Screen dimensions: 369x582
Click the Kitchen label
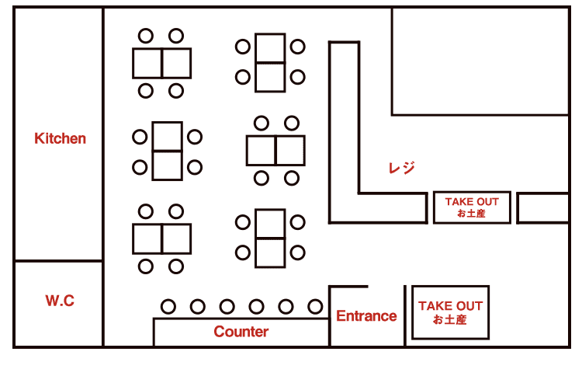(61, 139)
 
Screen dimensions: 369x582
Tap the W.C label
(60, 301)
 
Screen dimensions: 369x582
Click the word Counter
(241, 332)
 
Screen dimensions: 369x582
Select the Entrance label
(366, 316)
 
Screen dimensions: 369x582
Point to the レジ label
(401, 168)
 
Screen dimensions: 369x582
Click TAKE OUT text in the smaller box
(472, 201)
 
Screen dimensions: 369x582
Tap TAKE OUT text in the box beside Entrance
(450, 306)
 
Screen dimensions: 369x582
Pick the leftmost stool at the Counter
(168, 306)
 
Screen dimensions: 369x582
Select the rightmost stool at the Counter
(315, 306)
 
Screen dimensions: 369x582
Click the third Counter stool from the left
(227, 306)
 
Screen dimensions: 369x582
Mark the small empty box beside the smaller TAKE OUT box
(542, 207)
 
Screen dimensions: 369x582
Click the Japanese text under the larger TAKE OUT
(450, 319)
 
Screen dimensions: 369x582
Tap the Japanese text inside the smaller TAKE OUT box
(472, 213)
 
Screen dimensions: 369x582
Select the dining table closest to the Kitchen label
(167, 151)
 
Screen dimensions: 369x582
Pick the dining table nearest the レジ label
(276, 151)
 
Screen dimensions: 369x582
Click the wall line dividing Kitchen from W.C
(59, 261)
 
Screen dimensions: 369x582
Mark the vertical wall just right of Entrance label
(405, 315)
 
